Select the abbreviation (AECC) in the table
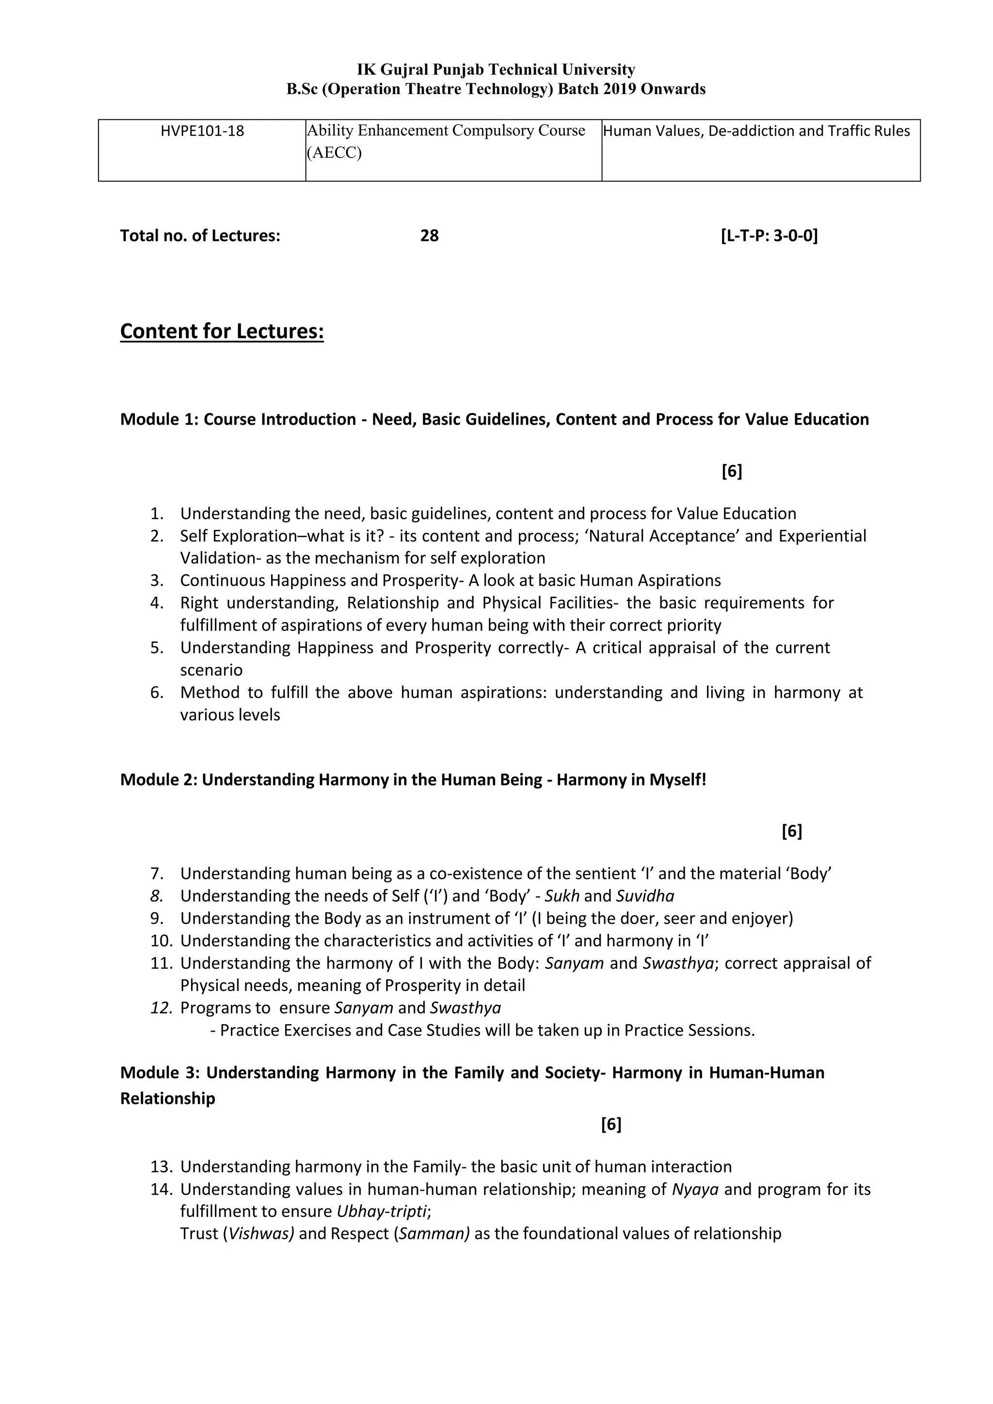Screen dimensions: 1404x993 click(335, 153)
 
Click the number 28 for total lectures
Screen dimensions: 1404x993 click(429, 236)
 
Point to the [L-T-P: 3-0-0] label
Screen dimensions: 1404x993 click(769, 236)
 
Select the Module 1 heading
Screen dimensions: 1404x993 click(494, 419)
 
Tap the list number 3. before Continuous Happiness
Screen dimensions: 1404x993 click(157, 580)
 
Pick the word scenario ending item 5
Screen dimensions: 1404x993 click(211, 670)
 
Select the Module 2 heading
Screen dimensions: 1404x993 click(413, 780)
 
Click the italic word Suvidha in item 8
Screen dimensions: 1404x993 click(644, 896)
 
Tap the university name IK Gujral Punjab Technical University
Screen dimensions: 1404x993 click(496, 70)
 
